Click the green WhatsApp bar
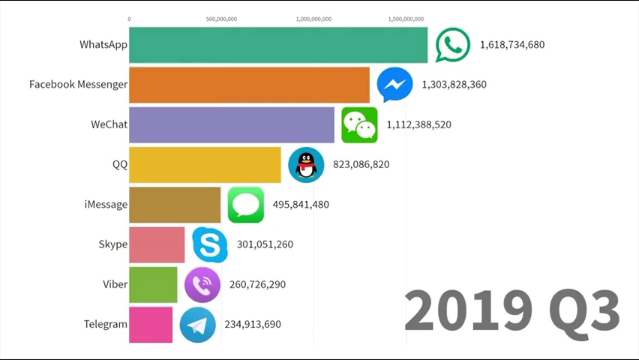coord(277,45)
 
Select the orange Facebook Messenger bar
coord(249,85)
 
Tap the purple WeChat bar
coord(231,124)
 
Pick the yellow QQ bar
coord(205,164)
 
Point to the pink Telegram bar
coord(151,324)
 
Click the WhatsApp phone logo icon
coord(453,45)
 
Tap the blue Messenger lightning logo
coord(394,85)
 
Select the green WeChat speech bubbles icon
coord(359,124)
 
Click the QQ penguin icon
coord(306,164)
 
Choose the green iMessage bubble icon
coord(245,205)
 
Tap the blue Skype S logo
coord(209,244)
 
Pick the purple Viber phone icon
coord(202,284)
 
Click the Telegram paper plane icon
coord(197,325)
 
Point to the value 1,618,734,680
coord(512,44)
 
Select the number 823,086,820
coord(361,164)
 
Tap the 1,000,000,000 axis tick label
coord(314,19)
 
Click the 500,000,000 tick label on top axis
coord(221,19)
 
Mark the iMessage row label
coord(106,204)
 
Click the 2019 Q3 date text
coord(511,310)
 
